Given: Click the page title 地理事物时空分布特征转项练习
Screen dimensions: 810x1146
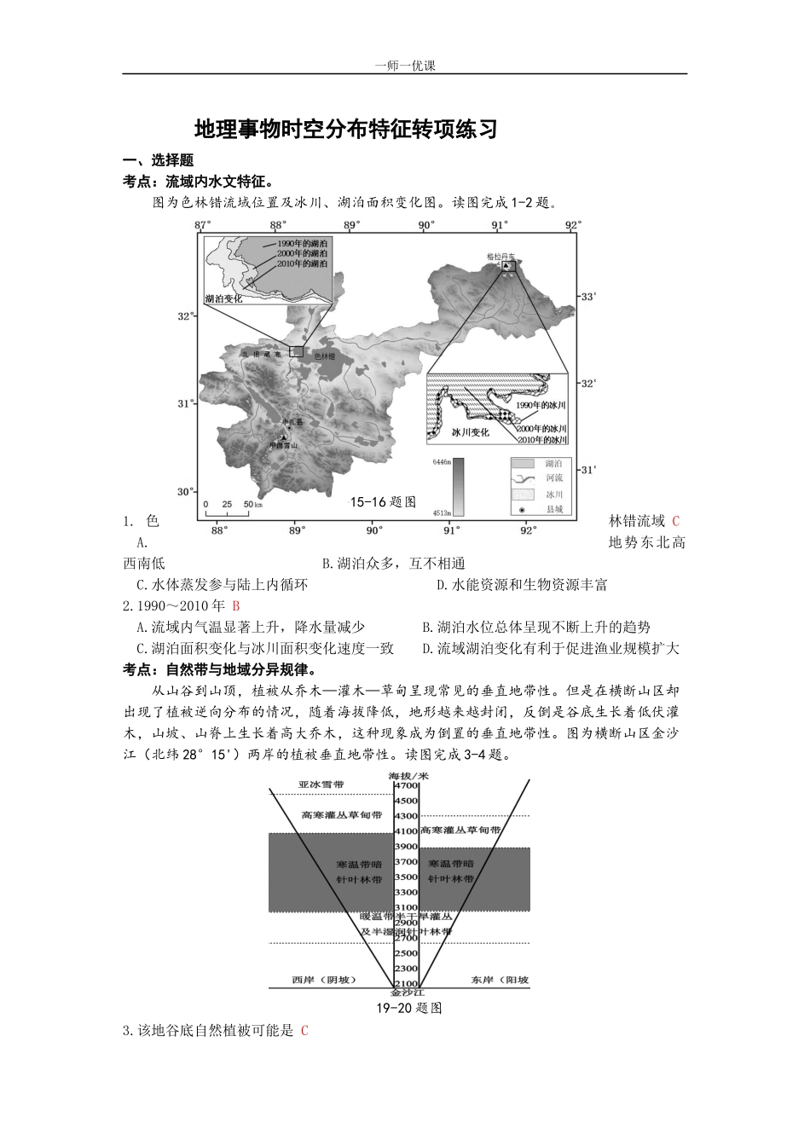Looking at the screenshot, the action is [345, 129].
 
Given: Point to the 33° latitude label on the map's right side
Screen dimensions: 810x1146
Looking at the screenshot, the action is [587, 297].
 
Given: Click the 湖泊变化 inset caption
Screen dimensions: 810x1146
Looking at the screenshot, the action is [224, 299].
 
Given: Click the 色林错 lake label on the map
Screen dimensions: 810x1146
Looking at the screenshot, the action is [325, 356].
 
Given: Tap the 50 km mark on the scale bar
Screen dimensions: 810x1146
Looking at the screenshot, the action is [248, 504].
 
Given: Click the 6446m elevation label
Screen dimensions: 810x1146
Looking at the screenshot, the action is [441, 461].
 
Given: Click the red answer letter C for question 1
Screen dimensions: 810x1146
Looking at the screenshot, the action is [676, 521].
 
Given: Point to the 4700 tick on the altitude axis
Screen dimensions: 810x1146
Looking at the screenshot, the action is [405, 785].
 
